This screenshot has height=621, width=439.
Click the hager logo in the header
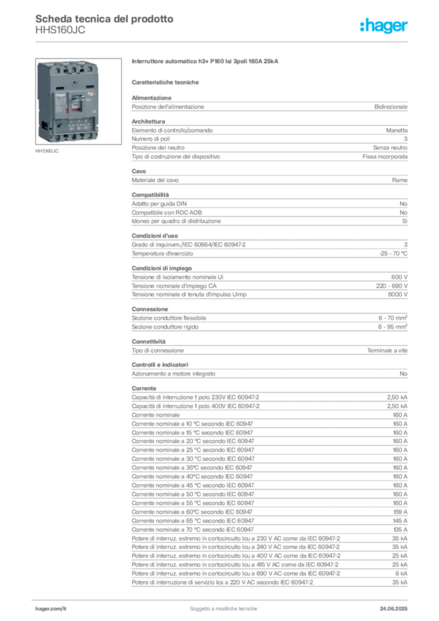click(384, 25)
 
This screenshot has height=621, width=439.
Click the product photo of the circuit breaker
click(78, 101)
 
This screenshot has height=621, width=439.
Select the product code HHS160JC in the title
click(60, 30)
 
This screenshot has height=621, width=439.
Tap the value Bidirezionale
click(390, 107)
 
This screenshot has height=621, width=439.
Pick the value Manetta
click(397, 130)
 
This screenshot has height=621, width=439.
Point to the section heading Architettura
click(149, 121)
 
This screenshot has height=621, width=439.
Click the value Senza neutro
click(390, 148)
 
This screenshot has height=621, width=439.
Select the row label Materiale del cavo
click(155, 180)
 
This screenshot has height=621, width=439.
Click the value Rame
click(400, 180)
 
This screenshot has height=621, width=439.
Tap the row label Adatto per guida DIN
click(159, 204)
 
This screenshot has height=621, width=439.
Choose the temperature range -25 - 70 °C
click(393, 253)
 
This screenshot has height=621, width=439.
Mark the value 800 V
click(400, 277)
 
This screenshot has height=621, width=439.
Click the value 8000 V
click(397, 295)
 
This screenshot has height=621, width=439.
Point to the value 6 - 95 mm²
click(393, 327)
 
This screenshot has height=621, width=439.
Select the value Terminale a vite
click(387, 351)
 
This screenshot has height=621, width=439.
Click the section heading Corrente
click(144, 389)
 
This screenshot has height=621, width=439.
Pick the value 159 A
click(400, 512)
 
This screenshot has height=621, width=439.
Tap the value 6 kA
click(401, 574)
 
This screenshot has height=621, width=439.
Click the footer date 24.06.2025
click(394, 609)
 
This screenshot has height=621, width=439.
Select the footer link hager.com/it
click(51, 609)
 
